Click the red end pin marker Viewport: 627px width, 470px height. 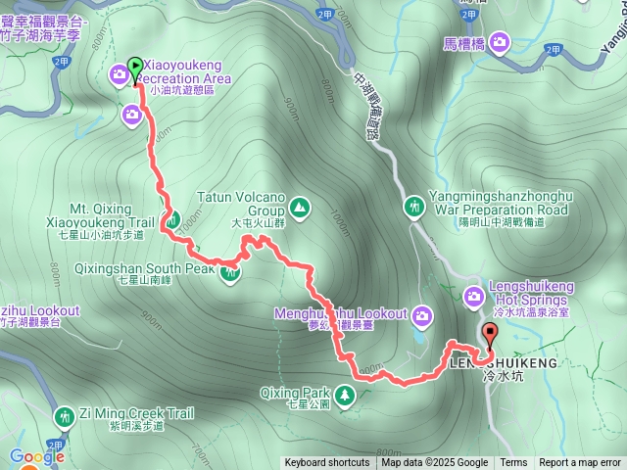coord(489,333)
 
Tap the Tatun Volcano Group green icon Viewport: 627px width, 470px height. coord(298,207)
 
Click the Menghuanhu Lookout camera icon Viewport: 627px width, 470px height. coord(422,314)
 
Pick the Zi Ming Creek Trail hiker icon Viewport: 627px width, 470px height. coord(65,416)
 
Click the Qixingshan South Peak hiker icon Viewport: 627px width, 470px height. coord(230,273)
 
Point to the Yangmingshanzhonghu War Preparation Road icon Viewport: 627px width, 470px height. coord(415,207)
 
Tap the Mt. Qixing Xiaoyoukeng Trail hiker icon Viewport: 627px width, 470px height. coord(171,221)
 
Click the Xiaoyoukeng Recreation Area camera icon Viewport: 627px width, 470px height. coord(120,72)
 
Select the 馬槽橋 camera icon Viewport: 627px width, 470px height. coord(501,41)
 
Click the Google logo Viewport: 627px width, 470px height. coord(37,456)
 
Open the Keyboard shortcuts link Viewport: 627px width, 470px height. coord(327,463)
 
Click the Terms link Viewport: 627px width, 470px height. coord(513,463)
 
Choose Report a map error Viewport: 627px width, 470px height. coord(581,463)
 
